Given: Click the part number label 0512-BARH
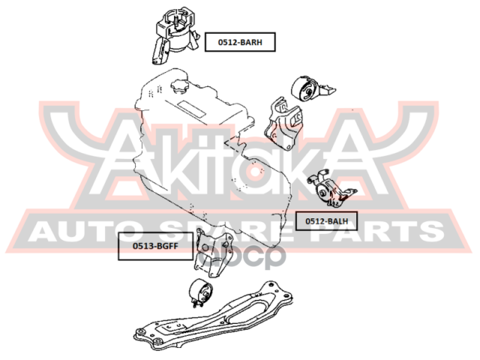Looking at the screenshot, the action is tap(240, 42).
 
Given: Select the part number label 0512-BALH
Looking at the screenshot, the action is tap(326, 221).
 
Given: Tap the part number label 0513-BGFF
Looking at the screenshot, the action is tap(155, 246).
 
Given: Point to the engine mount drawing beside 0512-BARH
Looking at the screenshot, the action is tap(175, 35).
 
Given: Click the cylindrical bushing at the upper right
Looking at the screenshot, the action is tap(312, 89).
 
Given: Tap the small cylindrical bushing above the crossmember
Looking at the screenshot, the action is tap(200, 292).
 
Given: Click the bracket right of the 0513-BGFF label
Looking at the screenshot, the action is tap(213, 253).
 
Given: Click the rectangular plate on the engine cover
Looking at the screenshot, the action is tap(191, 109).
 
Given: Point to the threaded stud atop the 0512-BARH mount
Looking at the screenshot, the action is tap(177, 22).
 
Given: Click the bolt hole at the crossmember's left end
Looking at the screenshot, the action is tap(140, 331).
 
